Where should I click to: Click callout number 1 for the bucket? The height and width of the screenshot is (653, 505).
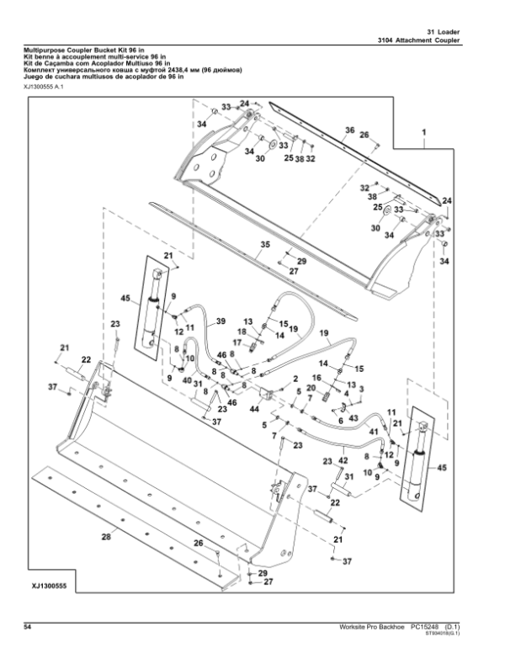[x=423, y=132]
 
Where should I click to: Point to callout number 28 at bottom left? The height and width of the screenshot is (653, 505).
[x=106, y=535]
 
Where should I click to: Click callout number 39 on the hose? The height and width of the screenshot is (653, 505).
[x=221, y=321]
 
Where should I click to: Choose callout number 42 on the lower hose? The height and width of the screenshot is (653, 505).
[x=343, y=460]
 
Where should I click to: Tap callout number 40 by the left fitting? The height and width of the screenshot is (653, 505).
[x=186, y=380]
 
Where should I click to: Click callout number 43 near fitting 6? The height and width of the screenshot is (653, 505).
[x=353, y=418]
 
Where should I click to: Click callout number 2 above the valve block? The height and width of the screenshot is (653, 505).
[x=297, y=380]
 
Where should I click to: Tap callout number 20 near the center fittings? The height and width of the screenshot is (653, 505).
[x=311, y=387]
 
